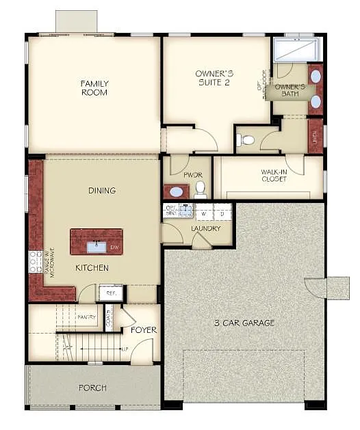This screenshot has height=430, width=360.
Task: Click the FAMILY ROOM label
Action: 94,88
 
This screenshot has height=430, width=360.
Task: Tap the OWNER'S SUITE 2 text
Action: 215,78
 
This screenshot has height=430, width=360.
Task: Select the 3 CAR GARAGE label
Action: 244,323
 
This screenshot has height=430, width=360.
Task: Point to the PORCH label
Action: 92,388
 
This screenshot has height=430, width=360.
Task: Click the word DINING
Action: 101,191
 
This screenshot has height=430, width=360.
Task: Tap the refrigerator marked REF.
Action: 110,293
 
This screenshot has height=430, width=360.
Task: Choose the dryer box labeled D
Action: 222,213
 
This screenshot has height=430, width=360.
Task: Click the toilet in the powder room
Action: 200,188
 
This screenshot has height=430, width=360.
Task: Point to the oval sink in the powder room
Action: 177,192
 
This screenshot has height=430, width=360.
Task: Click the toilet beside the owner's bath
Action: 246,140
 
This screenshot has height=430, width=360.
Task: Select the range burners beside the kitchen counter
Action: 35,262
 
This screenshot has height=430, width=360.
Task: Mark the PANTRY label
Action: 86,317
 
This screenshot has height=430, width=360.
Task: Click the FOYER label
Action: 144,330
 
